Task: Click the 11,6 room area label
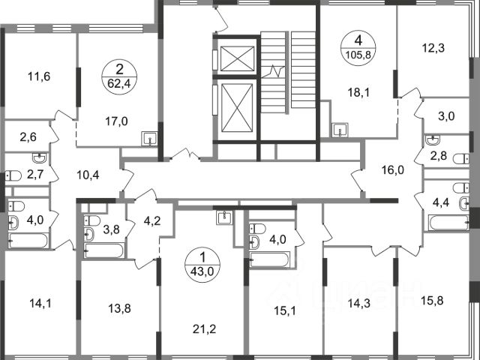pyautogui.click(x=39, y=76)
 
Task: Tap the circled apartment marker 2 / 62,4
pyautogui.click(x=119, y=76)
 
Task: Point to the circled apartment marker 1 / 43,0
pyautogui.click(x=202, y=265)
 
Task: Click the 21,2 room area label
pyautogui.click(x=205, y=329)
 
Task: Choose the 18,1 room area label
pyautogui.click(x=358, y=91)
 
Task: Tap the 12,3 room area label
pyautogui.click(x=433, y=48)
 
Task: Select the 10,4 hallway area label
pyautogui.click(x=88, y=175)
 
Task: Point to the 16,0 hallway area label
pyautogui.click(x=393, y=169)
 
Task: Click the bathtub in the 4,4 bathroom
pyautogui.click(x=448, y=223)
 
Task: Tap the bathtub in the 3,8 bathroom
pyautogui.click(x=104, y=250)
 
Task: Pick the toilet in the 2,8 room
pyautogui.click(x=461, y=159)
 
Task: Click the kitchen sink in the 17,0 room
pyautogui.click(x=150, y=139)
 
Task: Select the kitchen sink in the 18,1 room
pyautogui.click(x=340, y=130)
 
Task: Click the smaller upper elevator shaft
pyautogui.click(x=237, y=58)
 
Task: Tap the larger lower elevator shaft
pyautogui.click(x=237, y=108)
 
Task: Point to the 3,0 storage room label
pyautogui.click(x=447, y=116)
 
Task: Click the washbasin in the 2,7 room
pyautogui.click(x=40, y=157)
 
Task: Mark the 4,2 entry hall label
pyautogui.click(x=152, y=220)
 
